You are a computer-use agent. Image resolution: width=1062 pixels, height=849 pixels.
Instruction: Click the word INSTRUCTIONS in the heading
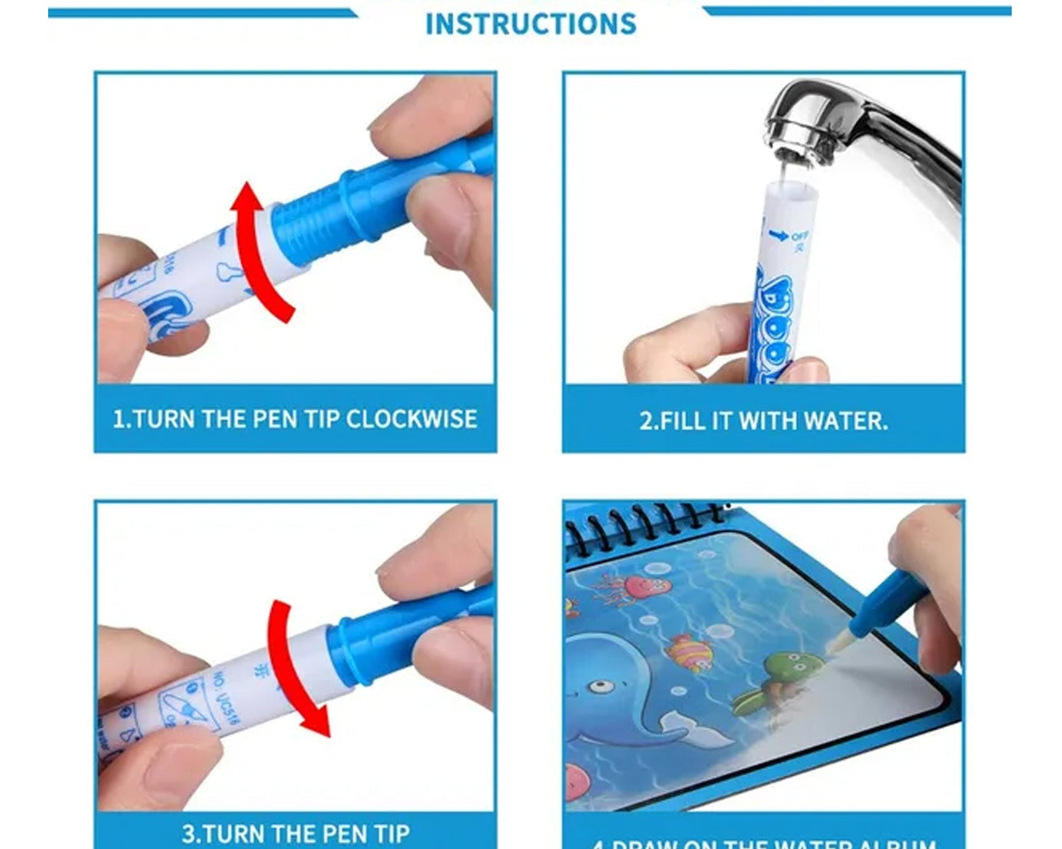click(x=531, y=24)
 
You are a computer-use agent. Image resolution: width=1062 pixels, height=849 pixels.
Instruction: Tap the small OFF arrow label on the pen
click(x=791, y=237)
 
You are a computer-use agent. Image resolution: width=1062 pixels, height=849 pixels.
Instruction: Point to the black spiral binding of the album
click(x=645, y=522)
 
